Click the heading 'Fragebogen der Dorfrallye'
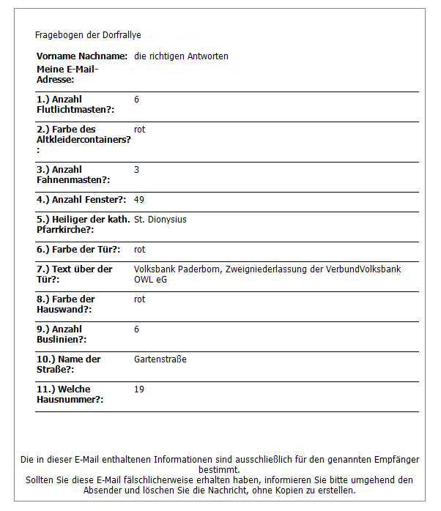88,35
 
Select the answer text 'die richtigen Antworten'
181,56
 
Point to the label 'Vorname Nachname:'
82,56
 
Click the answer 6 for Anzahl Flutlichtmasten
137,100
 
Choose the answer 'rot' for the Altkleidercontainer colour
140,130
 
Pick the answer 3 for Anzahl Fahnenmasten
137,170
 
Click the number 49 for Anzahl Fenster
139,200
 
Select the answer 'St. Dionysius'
160,220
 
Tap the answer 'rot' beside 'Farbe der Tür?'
140,250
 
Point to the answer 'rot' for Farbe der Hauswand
140,299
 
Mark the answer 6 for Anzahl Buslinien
137,329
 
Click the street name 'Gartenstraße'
160,359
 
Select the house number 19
139,389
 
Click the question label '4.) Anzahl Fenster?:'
81,200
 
